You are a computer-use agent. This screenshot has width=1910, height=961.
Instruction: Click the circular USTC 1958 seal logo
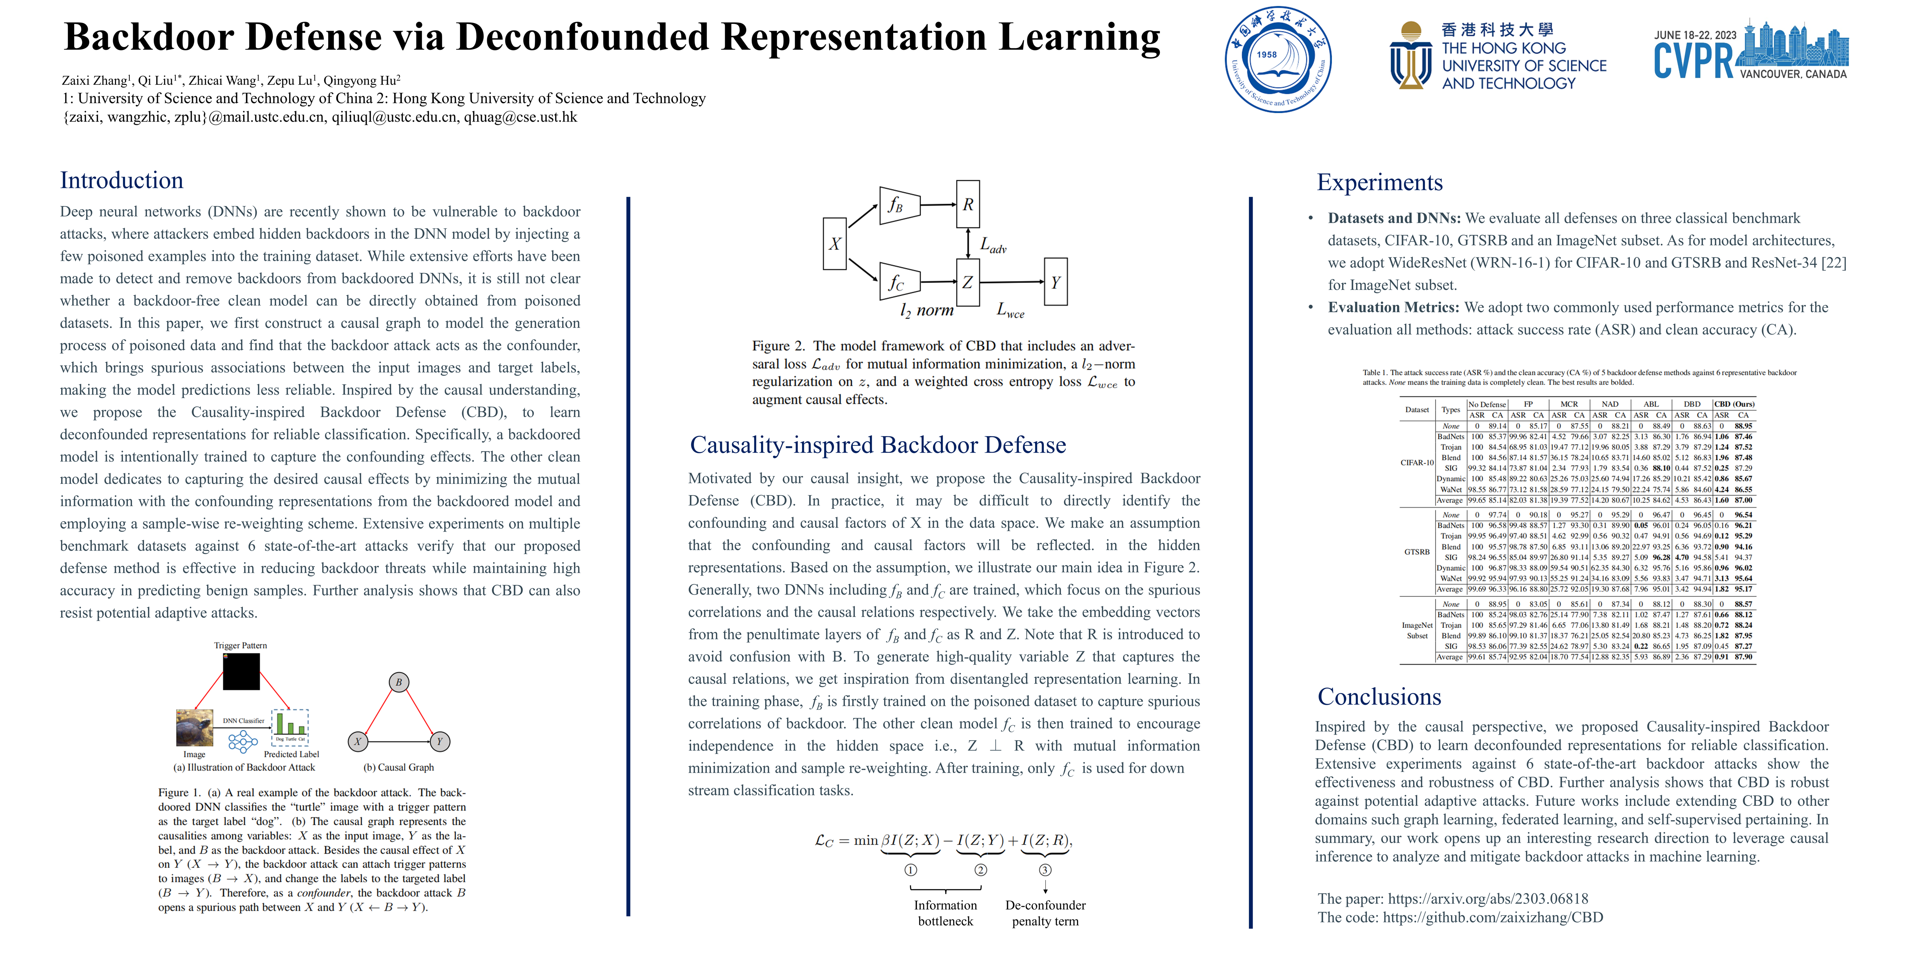[x=1278, y=59]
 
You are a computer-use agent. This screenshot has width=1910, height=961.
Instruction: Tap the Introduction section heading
[x=122, y=180]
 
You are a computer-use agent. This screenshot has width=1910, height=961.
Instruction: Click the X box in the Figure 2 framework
[x=835, y=243]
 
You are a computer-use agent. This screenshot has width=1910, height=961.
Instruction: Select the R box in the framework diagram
[x=968, y=204]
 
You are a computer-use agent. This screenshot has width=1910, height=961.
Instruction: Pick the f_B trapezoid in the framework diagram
[x=898, y=205]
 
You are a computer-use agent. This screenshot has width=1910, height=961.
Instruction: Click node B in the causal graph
[x=399, y=682]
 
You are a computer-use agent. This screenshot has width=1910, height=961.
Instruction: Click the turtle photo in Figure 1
[x=194, y=727]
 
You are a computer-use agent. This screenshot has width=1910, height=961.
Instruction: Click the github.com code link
[x=1493, y=917]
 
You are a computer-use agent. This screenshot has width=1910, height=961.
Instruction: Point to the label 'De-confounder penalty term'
[x=1045, y=913]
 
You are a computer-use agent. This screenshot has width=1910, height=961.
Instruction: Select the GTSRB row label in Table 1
[x=1417, y=552]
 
